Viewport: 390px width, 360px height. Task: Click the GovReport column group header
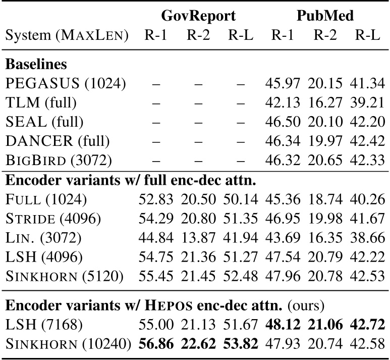pyautogui.click(x=198, y=16)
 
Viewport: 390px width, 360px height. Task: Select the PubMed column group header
pyautogui.click(x=325, y=16)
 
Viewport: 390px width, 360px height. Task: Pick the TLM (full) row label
pyautogui.click(x=41, y=102)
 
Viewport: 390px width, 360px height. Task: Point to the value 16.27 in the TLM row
pyautogui.click(x=325, y=102)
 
